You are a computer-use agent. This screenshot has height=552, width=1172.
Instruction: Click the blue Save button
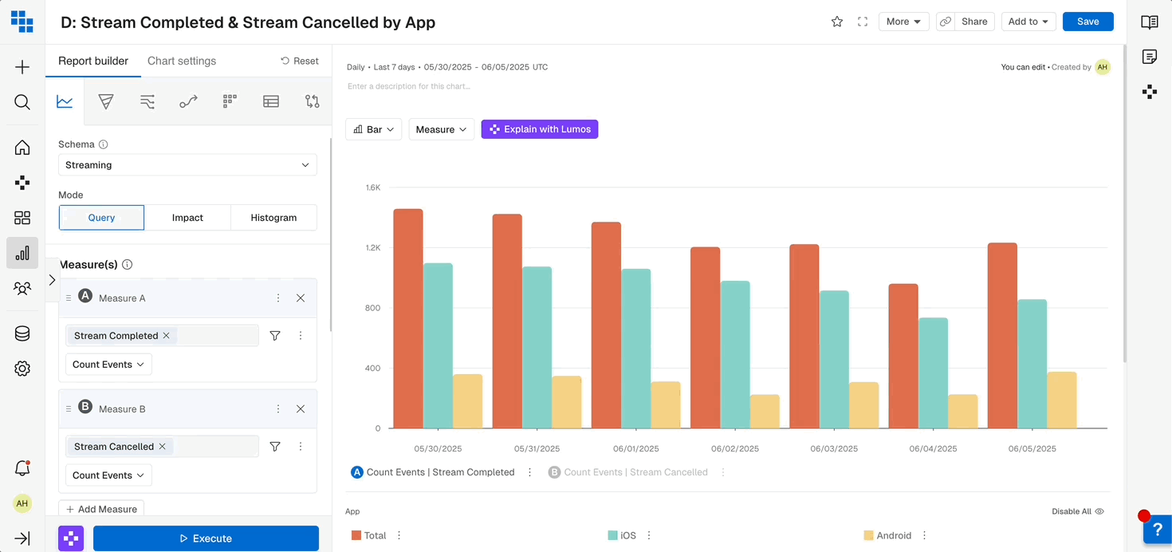[x=1087, y=22]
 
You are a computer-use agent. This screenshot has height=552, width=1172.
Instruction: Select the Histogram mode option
[x=273, y=218]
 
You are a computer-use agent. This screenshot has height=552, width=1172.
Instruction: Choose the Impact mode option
[x=187, y=218]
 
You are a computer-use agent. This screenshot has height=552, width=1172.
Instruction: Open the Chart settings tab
[x=182, y=61]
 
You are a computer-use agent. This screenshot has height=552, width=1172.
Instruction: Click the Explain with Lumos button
[x=540, y=129]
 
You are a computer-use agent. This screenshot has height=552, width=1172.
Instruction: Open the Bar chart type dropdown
[x=374, y=129]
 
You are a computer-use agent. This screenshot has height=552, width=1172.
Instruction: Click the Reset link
[x=300, y=61]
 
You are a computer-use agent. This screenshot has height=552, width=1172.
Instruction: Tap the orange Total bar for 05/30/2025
[x=408, y=319]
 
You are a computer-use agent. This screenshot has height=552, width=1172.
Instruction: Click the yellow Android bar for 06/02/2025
[x=765, y=412]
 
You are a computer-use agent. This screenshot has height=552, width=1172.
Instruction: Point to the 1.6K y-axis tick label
[x=373, y=188]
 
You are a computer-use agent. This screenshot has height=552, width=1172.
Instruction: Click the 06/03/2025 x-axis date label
[x=834, y=449]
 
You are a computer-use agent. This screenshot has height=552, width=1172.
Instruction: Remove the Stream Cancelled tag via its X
[x=163, y=447]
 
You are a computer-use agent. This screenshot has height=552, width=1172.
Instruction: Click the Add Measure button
[x=101, y=509]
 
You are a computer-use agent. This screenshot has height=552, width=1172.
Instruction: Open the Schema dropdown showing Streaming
[x=187, y=165]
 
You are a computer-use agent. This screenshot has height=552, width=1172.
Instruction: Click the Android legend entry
[x=893, y=536]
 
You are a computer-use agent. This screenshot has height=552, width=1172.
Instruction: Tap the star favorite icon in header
[x=837, y=22]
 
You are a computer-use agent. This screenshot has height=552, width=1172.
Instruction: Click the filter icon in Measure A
[x=275, y=336]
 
